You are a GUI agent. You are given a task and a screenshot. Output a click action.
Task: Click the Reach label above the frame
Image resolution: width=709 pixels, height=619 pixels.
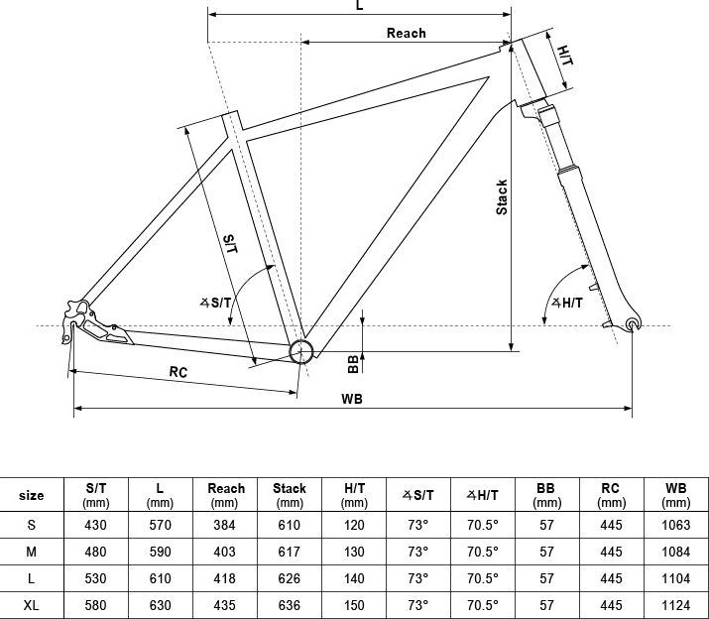tap(406, 33)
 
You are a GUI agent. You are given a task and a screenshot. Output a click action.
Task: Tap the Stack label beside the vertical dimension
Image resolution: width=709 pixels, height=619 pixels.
tap(502, 196)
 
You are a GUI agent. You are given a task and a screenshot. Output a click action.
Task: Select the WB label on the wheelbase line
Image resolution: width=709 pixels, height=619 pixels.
tap(352, 399)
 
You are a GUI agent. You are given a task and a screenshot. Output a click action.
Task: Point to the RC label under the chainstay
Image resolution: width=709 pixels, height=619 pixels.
tap(178, 372)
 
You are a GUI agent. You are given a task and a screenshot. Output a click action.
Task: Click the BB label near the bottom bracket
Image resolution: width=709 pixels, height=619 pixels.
tap(353, 364)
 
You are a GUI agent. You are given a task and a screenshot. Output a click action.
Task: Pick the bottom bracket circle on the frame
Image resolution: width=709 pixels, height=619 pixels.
tap(301, 351)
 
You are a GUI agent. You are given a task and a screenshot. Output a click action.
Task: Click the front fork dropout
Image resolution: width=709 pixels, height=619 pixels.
tap(633, 324)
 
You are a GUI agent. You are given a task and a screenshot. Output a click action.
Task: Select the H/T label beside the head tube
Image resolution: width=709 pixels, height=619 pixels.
tap(565, 56)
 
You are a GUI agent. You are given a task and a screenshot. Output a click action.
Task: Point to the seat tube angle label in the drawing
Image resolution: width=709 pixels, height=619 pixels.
tap(215, 303)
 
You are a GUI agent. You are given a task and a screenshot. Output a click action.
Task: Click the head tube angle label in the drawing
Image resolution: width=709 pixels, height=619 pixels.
tap(567, 303)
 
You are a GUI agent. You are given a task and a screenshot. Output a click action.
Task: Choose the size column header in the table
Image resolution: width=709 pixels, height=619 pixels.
tap(31, 495)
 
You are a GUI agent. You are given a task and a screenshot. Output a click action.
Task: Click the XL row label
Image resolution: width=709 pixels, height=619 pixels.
tap(31, 605)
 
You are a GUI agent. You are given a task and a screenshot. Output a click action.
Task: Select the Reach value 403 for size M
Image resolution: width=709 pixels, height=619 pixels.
tap(224, 552)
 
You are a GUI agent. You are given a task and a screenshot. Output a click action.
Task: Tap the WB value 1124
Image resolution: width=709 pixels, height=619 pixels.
tap(675, 605)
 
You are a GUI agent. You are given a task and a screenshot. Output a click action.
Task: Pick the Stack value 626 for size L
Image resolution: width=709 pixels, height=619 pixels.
tap(289, 578)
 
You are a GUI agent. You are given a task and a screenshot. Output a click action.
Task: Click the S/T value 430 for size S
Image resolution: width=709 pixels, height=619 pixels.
tap(95, 526)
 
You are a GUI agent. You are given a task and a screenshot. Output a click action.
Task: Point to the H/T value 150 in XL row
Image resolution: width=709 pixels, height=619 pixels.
tap(354, 605)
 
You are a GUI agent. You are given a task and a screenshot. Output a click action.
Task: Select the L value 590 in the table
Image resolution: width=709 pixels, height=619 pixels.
tap(160, 552)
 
